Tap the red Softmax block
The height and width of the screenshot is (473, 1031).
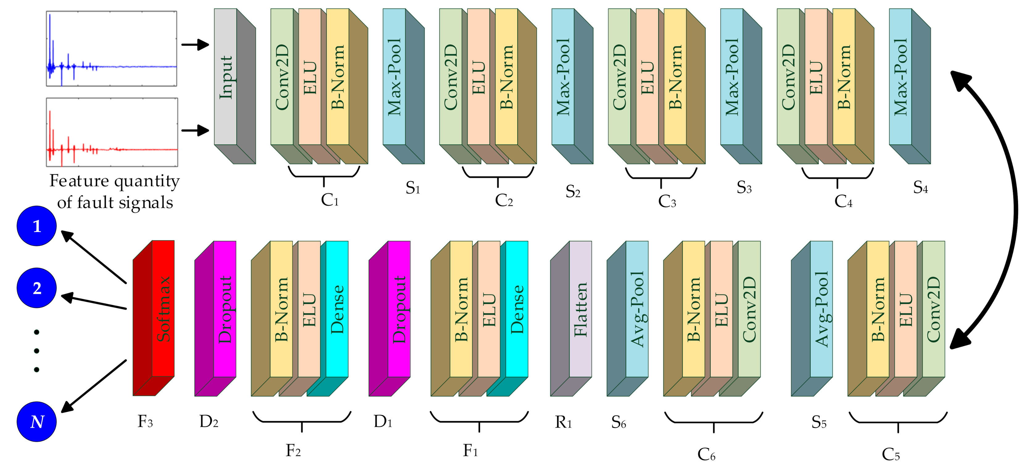tap(163, 309)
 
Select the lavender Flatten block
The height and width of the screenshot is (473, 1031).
tap(580, 309)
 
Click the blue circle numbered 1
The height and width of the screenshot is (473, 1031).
tap(36, 226)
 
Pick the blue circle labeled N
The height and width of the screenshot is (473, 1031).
tap(36, 421)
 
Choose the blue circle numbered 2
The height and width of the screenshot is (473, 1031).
tap(36, 288)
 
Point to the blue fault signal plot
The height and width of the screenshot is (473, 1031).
tap(111, 48)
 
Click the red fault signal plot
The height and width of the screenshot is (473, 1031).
tap(112, 132)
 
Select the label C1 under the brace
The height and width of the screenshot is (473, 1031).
tap(329, 200)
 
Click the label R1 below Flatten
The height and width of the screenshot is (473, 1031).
tap(563, 422)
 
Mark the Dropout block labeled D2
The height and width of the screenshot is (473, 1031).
tap(225, 309)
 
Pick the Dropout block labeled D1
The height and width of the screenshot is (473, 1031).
tap(399, 309)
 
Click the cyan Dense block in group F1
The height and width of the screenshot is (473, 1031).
tap(517, 309)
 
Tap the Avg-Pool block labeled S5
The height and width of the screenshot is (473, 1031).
tap(821, 309)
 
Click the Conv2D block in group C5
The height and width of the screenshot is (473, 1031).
tap(933, 309)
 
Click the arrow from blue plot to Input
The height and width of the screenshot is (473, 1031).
tap(195, 44)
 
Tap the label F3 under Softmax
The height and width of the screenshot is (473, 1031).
tap(145, 421)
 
